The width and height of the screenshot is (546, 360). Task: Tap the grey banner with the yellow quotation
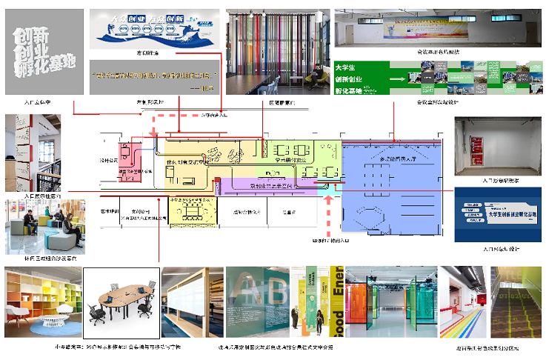156,79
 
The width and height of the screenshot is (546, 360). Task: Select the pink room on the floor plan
131,160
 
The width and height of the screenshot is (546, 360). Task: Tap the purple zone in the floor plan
267,181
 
